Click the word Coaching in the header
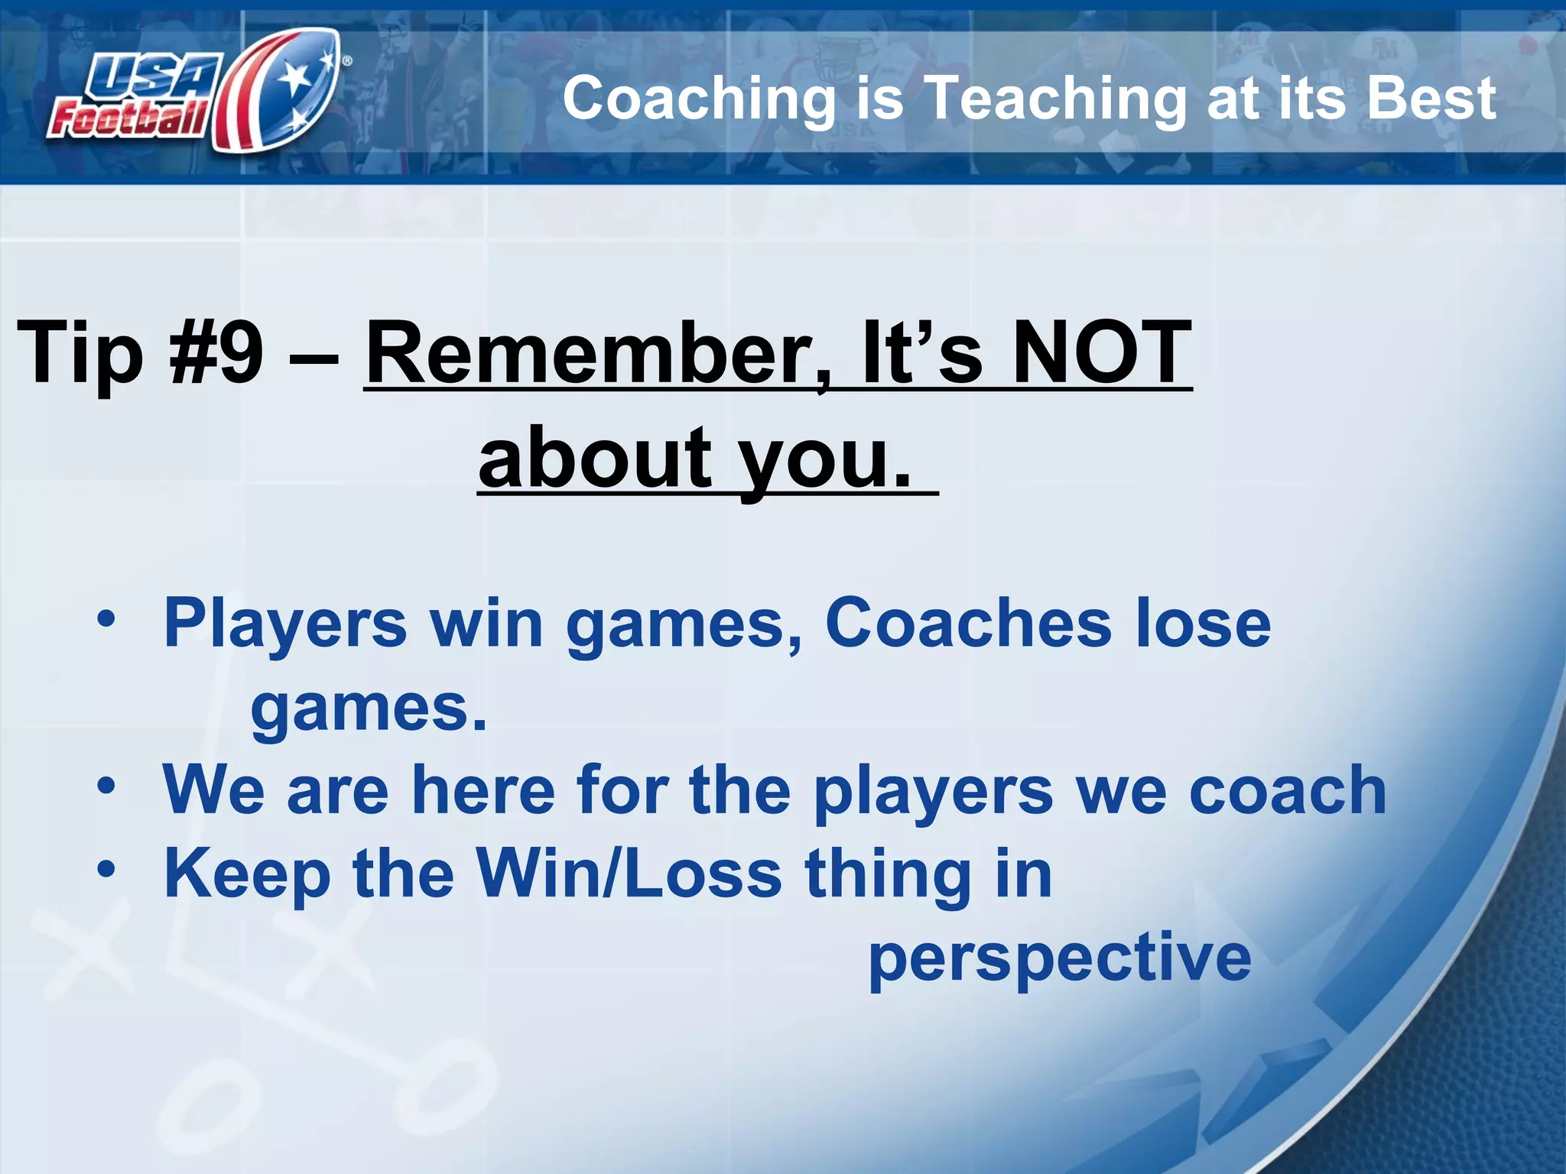pyautogui.click(x=699, y=99)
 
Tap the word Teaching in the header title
pyautogui.click(x=1055, y=99)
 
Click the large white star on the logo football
pyautogui.click(x=294, y=76)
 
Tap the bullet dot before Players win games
pyautogui.click(x=106, y=618)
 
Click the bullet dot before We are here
pyautogui.click(x=106, y=785)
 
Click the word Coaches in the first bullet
pyautogui.click(x=968, y=623)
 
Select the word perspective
pyautogui.click(x=1060, y=958)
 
